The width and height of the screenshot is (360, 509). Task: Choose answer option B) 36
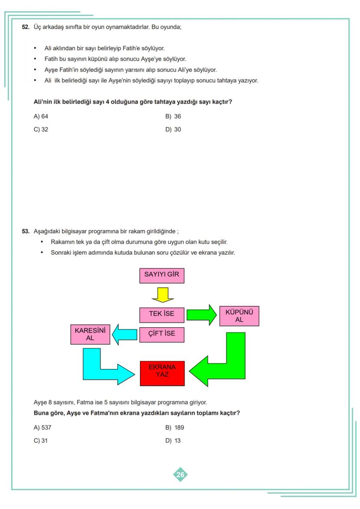(173, 116)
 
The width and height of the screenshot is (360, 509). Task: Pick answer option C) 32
(41, 130)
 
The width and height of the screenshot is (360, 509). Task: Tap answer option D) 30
(173, 130)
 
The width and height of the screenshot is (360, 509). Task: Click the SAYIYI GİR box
(162, 276)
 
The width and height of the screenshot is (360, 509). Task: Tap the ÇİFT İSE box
(162, 334)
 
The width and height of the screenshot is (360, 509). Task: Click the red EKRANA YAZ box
(162, 373)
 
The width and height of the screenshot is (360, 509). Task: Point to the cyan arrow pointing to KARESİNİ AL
(125, 335)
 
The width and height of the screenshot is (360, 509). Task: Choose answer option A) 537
(43, 428)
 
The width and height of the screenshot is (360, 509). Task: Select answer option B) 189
(175, 428)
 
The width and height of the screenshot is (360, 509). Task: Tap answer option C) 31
(41, 441)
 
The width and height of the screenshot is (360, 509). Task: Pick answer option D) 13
(173, 441)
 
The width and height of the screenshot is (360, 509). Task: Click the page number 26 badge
(180, 475)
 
